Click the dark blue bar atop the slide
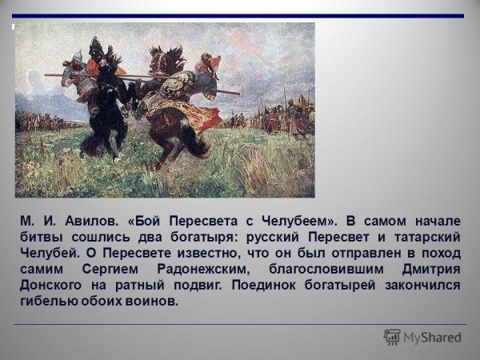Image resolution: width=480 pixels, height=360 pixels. pos(240,16)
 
